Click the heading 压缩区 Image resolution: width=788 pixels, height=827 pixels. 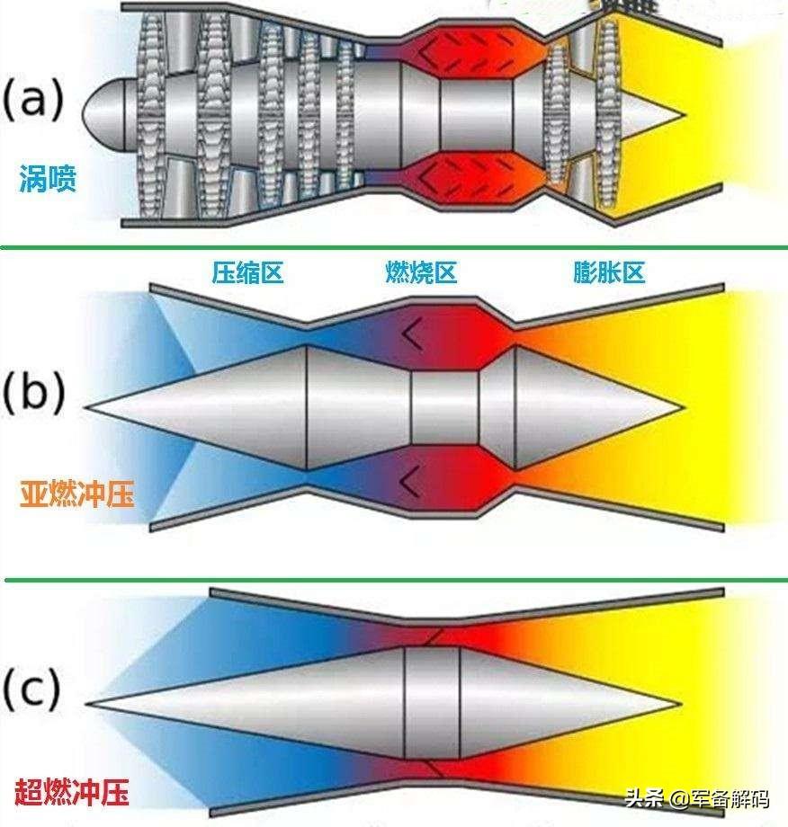tap(248, 272)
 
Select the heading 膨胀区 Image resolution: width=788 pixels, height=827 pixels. tap(610, 272)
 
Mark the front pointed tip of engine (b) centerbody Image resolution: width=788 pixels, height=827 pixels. tap(90, 407)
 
